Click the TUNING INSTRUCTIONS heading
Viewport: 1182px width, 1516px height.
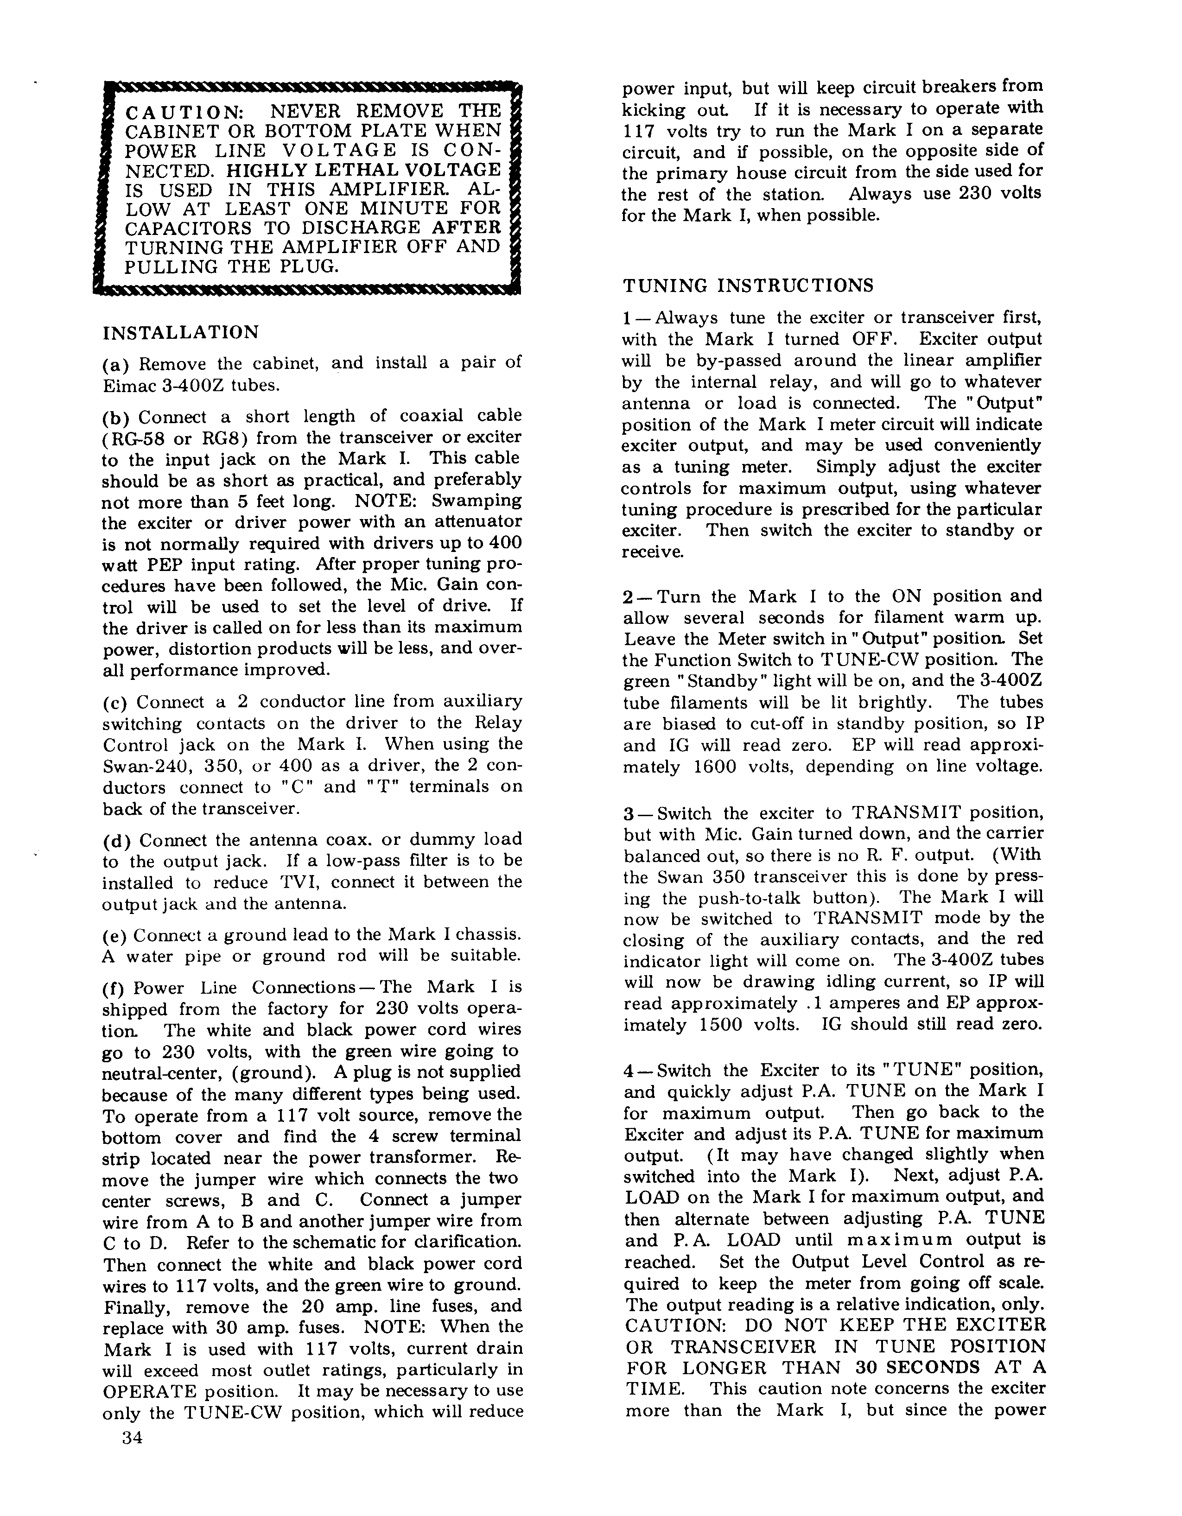(x=748, y=286)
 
